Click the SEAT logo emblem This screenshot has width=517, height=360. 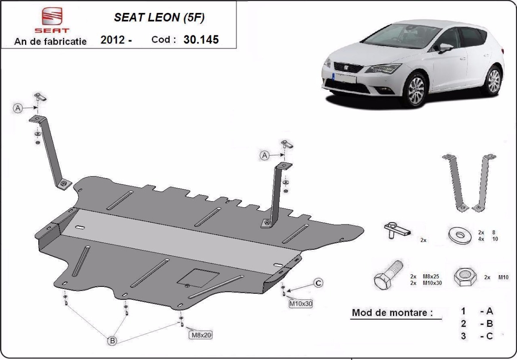click(52, 17)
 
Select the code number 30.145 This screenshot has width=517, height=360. click(201, 40)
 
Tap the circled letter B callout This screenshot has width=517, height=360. click(112, 341)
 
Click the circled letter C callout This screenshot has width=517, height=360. click(318, 283)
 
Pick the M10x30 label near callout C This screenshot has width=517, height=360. click(300, 304)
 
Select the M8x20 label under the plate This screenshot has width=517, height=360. click(200, 334)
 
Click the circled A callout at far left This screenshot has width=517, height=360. click(18, 108)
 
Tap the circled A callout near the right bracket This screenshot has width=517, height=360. click(265, 155)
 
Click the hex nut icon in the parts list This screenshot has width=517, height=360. click(465, 277)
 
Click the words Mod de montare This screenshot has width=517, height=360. click(392, 313)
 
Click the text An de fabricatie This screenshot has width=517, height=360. click(50, 41)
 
